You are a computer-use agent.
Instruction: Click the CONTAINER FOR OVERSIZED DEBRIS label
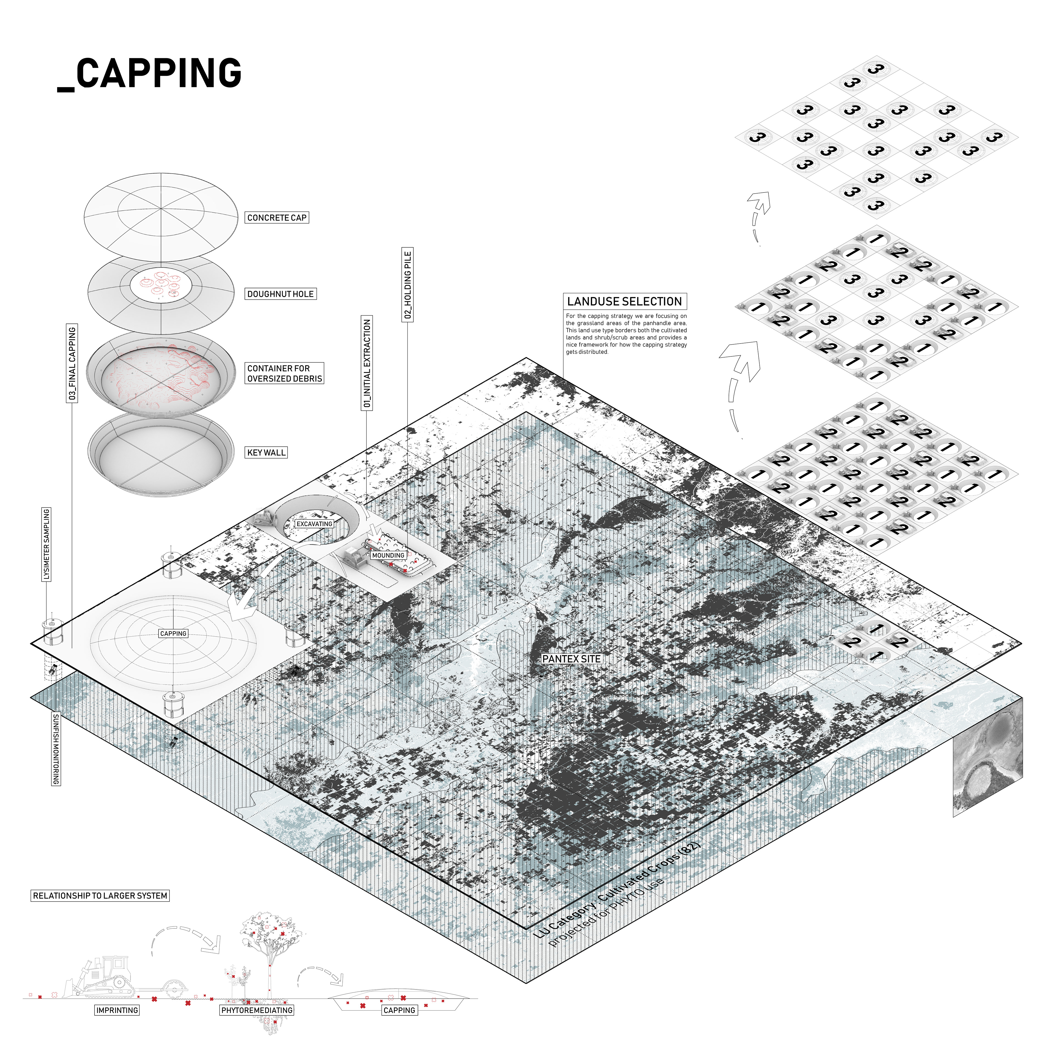[x=284, y=373]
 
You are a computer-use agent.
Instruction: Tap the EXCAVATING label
[x=314, y=524]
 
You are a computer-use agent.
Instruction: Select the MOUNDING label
[x=388, y=555]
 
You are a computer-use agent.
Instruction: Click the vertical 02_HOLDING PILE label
[x=408, y=285]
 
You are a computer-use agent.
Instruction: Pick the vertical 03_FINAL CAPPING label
[x=72, y=364]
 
